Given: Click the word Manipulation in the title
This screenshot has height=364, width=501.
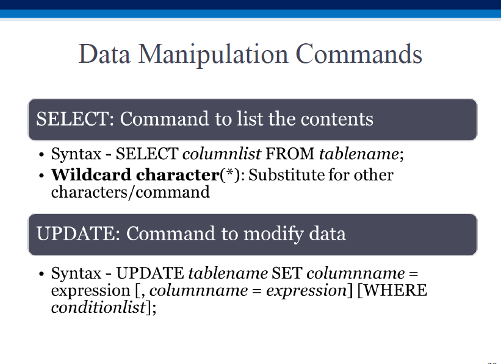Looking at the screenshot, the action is tap(213, 55).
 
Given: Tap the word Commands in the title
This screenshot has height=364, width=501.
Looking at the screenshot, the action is tap(359, 54).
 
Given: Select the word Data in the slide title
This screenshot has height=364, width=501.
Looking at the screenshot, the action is tap(104, 54).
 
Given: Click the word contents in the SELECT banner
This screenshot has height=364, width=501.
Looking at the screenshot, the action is tap(337, 119).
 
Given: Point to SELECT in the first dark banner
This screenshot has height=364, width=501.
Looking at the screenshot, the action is tap(73, 119).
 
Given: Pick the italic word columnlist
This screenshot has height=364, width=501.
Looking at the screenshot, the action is tap(222, 154).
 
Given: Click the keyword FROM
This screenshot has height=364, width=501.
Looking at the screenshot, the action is tap(290, 154).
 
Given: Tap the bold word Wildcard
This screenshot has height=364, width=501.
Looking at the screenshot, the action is tap(91, 174).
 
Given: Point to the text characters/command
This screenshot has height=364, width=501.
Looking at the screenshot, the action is tap(131, 192).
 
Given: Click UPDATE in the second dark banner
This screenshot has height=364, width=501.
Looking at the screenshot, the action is tap(75, 234).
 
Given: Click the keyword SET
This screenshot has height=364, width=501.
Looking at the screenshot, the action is tap(287, 273).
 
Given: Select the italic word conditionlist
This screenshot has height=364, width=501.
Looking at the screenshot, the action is tap(98, 307).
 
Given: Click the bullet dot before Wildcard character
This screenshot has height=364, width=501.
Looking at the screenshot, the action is tap(41, 176).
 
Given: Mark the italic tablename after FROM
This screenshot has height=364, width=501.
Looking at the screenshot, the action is tap(359, 154).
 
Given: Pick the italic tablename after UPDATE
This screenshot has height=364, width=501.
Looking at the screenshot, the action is tap(228, 273).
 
